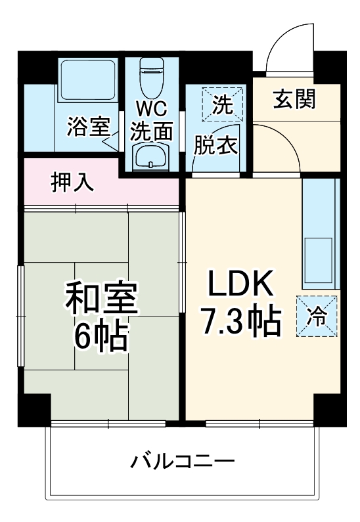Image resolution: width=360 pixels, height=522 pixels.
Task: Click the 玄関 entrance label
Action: pos(295,100)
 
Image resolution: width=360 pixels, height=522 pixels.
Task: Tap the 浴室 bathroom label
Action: pos(87,127)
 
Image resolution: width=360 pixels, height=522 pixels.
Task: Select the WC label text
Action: pos(152,107)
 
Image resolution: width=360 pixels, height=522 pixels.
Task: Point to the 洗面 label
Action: pos(152,131)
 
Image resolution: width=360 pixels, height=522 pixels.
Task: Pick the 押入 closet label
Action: pos(73,183)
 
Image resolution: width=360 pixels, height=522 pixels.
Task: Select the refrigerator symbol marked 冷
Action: pos(317,316)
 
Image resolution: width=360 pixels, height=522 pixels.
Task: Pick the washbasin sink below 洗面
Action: pos(152,157)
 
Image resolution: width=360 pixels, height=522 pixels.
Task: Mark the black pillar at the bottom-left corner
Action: pos(34,410)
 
